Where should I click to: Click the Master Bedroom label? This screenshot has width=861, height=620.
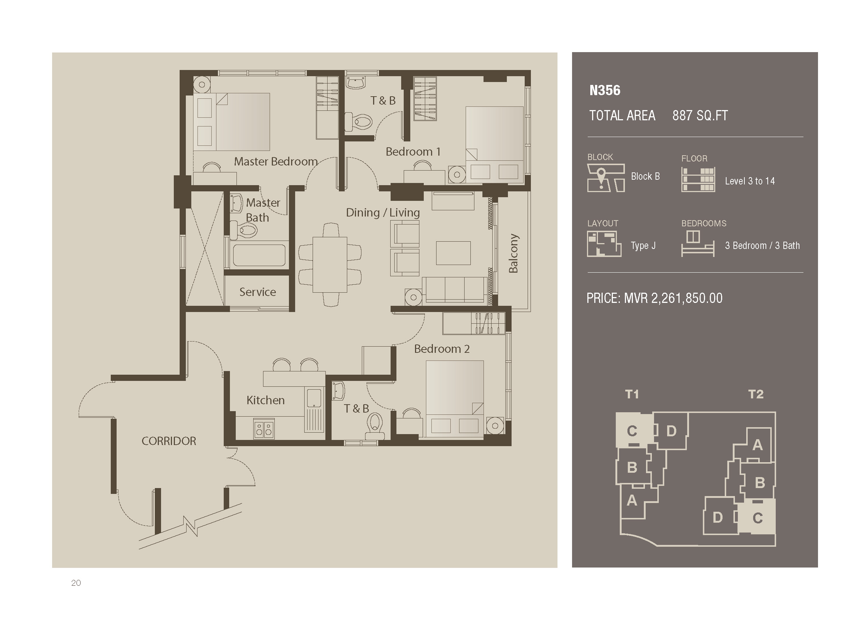[x=275, y=161]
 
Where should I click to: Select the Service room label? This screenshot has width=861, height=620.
[x=257, y=292]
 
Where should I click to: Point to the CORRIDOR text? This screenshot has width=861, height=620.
[x=169, y=441]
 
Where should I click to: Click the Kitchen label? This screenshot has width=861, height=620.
[x=265, y=400]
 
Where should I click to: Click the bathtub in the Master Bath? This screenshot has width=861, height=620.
[x=259, y=255]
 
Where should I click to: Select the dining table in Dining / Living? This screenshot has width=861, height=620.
[x=330, y=265]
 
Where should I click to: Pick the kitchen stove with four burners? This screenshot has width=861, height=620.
[x=264, y=429]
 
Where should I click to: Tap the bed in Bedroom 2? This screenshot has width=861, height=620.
[x=455, y=399]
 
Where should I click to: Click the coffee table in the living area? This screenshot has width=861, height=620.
[x=453, y=253]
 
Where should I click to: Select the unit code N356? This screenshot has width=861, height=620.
[x=605, y=90]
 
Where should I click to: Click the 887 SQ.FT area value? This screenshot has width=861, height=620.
[x=700, y=116]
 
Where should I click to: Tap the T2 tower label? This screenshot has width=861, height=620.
[x=755, y=394]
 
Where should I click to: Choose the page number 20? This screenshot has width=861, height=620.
[x=76, y=583]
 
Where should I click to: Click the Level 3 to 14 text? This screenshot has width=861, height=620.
[x=750, y=181]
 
